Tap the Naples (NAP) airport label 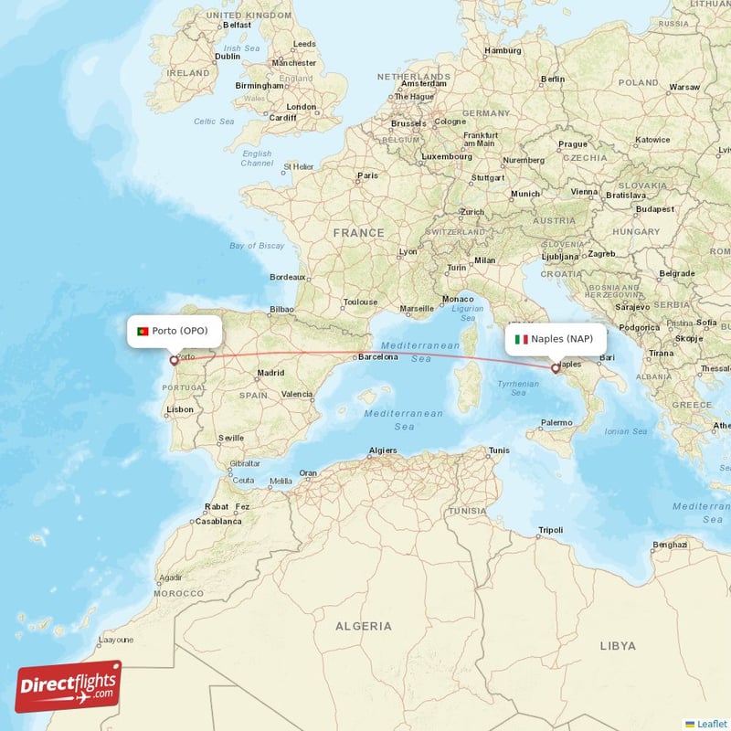562,339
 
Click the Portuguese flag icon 143,331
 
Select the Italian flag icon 521,339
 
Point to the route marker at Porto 174,361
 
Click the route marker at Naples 555,369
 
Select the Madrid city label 270,373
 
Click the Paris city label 367,175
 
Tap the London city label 301,107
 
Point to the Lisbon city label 180,409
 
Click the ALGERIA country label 363,626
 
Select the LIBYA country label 618,645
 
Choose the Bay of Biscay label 257,246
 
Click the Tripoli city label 551,530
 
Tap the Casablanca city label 218,521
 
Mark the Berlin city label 553,79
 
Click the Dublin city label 227,56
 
